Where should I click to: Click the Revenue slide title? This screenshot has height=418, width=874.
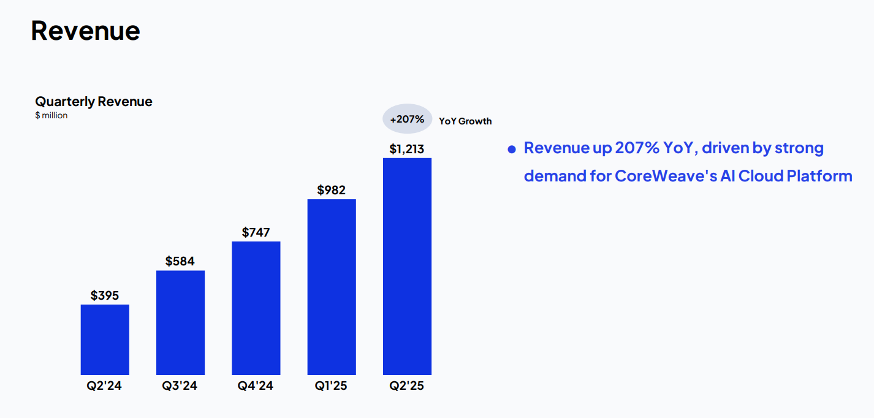tap(85, 31)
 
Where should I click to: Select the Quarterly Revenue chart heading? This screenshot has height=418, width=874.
tap(93, 102)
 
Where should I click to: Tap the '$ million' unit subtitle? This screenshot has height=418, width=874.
tap(51, 115)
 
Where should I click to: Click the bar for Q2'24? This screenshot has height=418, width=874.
tap(105, 340)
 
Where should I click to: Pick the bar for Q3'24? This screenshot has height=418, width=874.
tap(180, 322)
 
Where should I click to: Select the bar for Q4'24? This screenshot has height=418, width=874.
tap(256, 308)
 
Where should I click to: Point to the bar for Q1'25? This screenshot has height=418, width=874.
tap(332, 287)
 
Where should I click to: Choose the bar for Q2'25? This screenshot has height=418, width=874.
tap(407, 266)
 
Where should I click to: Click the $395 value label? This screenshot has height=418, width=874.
tap(105, 295)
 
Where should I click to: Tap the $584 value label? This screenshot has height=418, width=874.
tap(180, 262)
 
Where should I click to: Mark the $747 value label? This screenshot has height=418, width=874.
tap(256, 232)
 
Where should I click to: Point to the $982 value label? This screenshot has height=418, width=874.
tap(332, 190)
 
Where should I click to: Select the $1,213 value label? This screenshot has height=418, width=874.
tap(407, 149)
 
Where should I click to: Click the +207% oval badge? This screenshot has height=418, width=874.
tap(407, 119)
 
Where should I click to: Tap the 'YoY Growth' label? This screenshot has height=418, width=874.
tap(465, 121)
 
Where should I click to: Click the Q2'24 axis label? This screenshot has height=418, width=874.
tap(105, 386)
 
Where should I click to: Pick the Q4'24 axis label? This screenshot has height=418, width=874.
tap(256, 386)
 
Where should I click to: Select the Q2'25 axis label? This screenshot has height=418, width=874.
tap(407, 386)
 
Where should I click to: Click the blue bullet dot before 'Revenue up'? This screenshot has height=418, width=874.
tap(512, 150)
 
